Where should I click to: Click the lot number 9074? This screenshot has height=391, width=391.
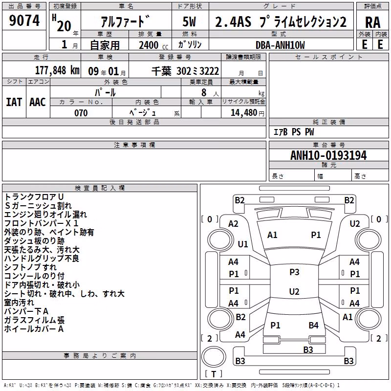[24, 21]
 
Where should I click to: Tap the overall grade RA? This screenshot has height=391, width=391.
[372, 22]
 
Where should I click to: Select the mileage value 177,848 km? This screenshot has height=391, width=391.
[57, 70]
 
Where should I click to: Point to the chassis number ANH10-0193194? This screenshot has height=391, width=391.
[328, 155]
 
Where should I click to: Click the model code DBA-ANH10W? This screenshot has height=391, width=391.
[280, 45]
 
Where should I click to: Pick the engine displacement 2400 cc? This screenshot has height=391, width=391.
[153, 45]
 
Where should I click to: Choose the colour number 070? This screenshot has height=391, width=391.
[81, 113]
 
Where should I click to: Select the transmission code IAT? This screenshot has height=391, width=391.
[14, 102]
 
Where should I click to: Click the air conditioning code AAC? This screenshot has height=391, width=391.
[38, 102]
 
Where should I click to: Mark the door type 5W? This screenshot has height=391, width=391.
[189, 22]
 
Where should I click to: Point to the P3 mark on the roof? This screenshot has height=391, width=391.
[294, 272]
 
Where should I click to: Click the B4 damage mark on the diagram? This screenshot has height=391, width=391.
[313, 325]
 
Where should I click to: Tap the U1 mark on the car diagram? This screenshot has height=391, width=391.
[243, 244]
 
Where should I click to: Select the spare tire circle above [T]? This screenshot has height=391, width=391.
[214, 357]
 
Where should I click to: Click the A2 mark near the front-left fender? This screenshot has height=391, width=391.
[233, 224]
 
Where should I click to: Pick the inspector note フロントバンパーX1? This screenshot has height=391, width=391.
[42, 223]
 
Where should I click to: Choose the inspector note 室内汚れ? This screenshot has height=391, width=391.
[19, 303]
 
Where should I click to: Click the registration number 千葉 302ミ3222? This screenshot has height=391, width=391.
[185, 71]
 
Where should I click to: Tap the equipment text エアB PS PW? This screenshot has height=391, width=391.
[294, 132]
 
